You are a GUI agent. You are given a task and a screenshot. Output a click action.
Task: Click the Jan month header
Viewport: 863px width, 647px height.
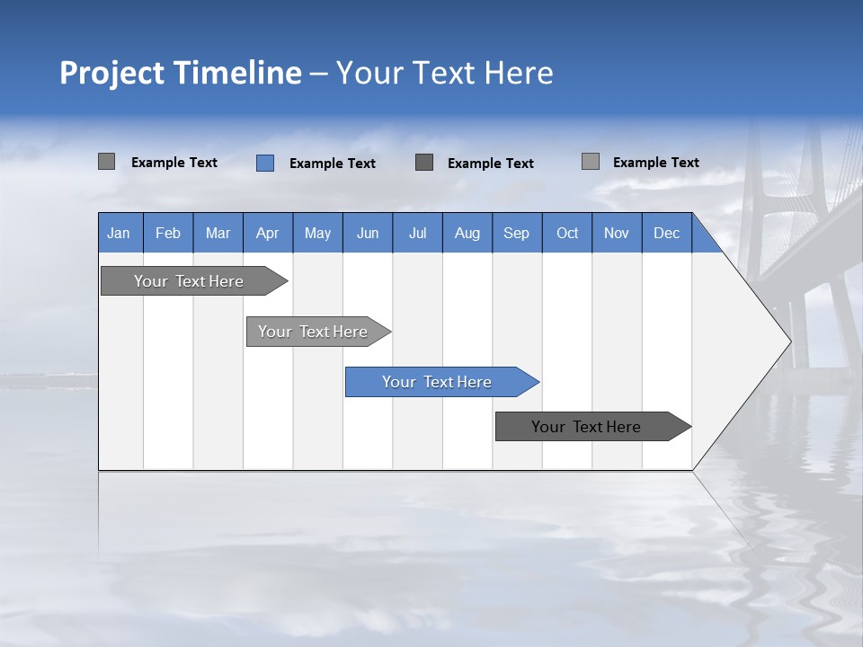[x=119, y=233]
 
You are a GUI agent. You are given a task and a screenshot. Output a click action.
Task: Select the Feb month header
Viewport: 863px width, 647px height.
[x=168, y=233]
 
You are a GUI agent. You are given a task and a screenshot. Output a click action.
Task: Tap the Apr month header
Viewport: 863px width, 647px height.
[x=268, y=233]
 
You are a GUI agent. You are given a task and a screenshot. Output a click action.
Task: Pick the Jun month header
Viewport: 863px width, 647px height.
[x=368, y=233]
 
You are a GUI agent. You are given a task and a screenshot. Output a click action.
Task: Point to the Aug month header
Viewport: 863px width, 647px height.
[x=467, y=233]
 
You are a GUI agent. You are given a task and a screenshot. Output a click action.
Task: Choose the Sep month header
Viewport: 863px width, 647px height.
[x=517, y=233]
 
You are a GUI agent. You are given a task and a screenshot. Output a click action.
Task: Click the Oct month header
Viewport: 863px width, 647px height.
[x=567, y=233]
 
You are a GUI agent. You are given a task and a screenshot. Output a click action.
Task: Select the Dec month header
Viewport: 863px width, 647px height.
[x=667, y=233]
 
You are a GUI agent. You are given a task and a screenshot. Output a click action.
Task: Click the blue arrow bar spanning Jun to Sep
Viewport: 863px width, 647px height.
[x=438, y=382]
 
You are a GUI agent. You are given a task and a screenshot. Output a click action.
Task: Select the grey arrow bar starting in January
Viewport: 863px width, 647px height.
[x=190, y=281]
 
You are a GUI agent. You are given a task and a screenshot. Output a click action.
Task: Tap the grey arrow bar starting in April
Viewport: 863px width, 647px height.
[x=314, y=332]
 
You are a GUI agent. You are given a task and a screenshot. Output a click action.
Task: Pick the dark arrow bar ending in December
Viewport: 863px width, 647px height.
[x=587, y=427]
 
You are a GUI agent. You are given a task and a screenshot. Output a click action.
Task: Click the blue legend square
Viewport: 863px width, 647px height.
[x=265, y=163]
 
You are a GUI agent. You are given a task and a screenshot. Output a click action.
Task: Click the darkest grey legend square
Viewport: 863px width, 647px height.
[x=424, y=162]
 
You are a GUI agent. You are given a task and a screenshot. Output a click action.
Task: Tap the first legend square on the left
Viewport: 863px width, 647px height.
[x=107, y=162]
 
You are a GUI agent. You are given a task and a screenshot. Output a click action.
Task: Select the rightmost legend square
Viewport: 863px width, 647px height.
[x=591, y=162]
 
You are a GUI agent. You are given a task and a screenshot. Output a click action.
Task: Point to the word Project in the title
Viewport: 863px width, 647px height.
[x=111, y=73]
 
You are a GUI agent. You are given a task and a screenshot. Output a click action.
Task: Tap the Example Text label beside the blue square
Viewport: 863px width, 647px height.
[x=333, y=164]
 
